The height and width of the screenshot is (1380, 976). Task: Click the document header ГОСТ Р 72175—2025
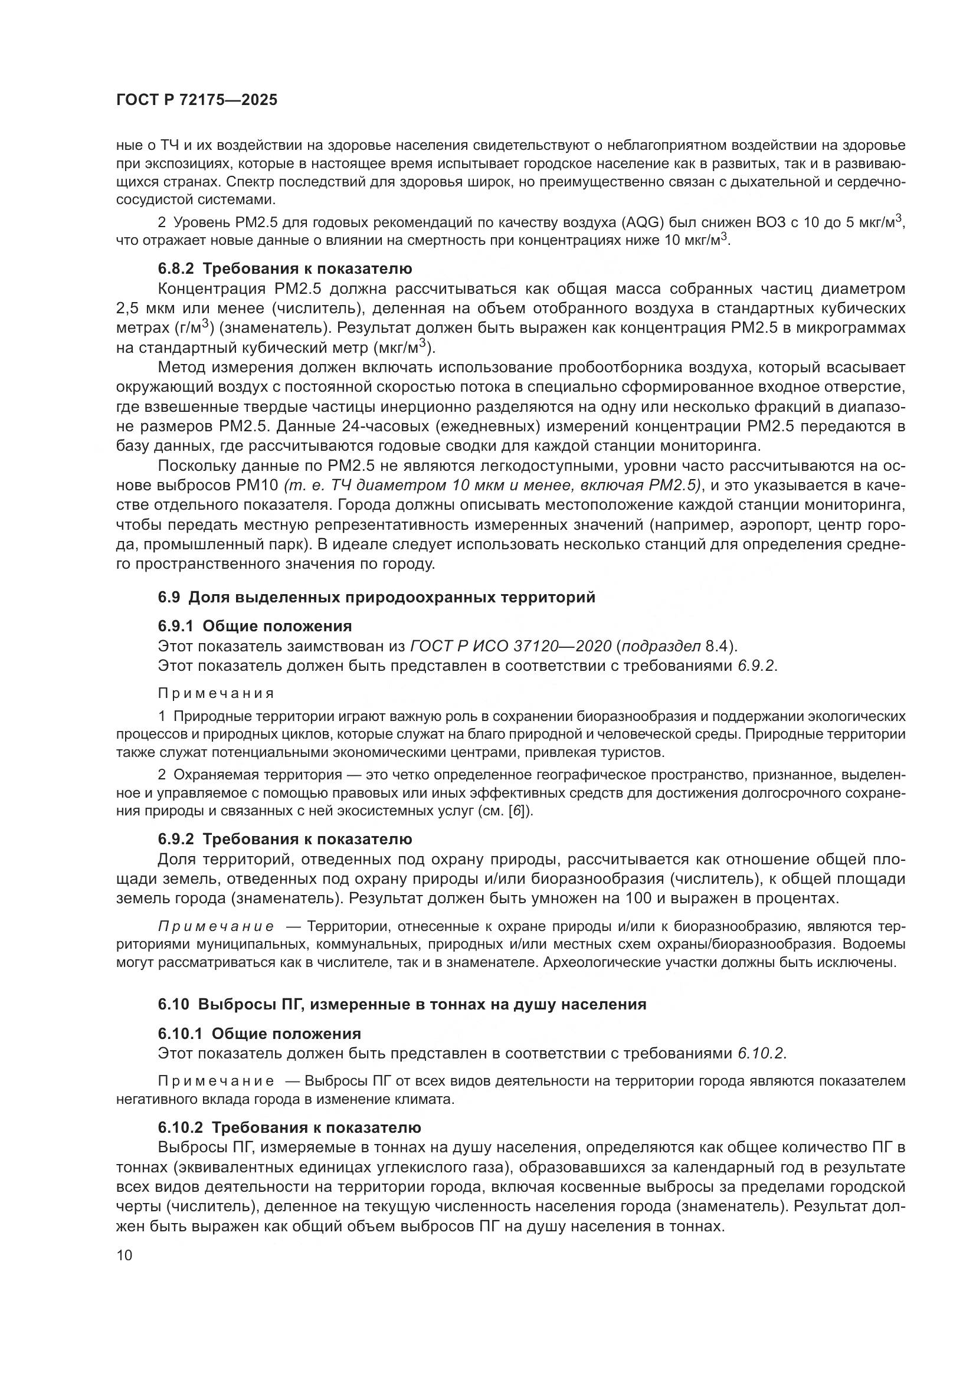coord(196,100)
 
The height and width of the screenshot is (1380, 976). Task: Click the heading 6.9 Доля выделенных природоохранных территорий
coord(376,598)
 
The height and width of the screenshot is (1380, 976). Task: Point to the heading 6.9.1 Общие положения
coord(255,627)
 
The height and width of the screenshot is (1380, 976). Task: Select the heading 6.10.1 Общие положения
coord(260,1034)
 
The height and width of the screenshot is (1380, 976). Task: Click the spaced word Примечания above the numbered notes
coord(216,694)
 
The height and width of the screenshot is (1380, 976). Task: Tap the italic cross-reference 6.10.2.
coord(761,1054)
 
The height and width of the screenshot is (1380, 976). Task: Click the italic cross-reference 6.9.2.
coord(757,666)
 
